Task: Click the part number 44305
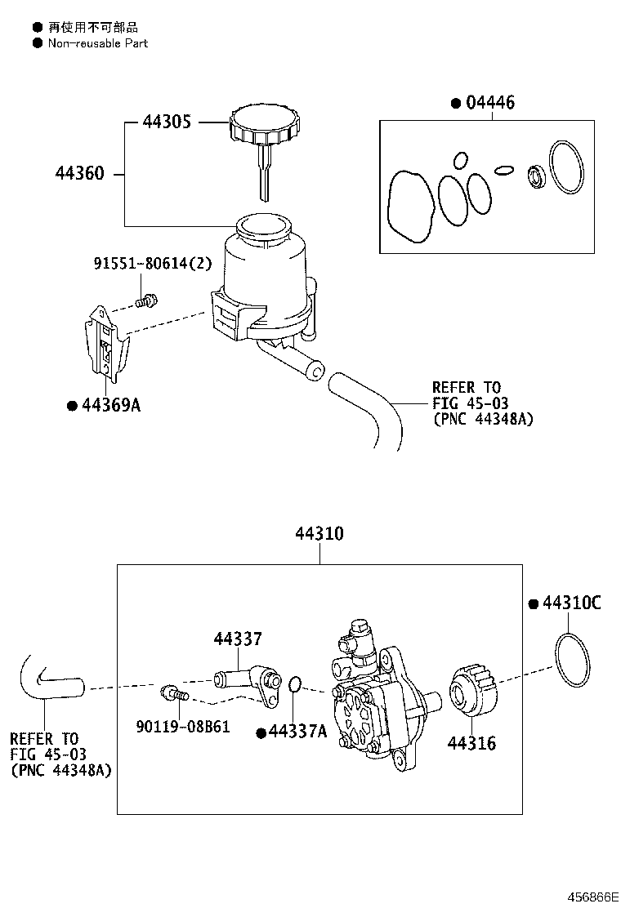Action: (x=167, y=122)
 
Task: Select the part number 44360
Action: (x=80, y=174)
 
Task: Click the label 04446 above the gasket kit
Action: (x=489, y=103)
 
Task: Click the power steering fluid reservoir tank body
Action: (x=261, y=278)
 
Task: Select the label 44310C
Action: (x=571, y=603)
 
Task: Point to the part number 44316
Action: (x=471, y=743)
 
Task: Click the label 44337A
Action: (x=297, y=732)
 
